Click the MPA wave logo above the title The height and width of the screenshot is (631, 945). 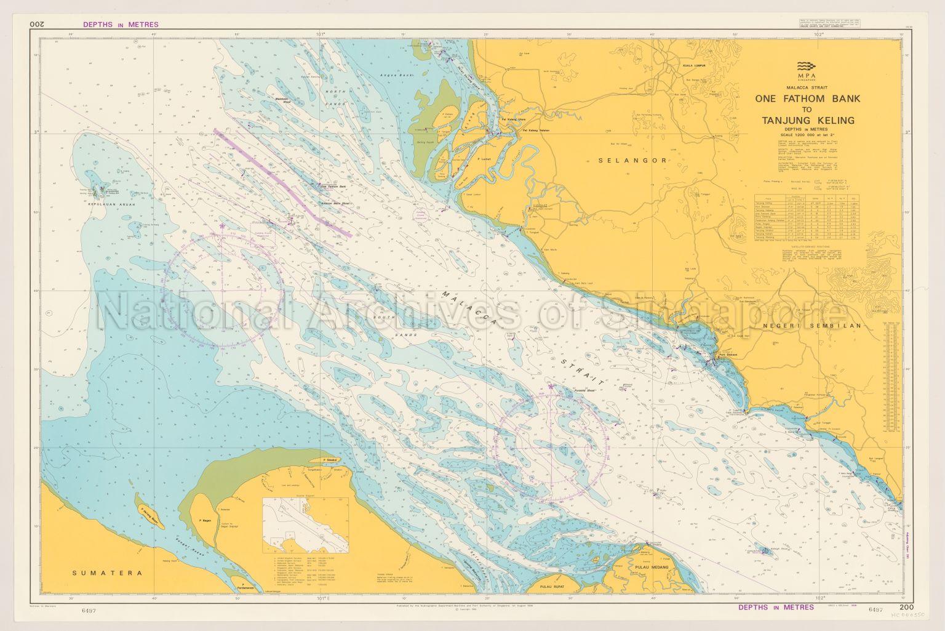click(807, 66)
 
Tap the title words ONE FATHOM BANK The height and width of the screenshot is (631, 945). click(807, 98)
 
